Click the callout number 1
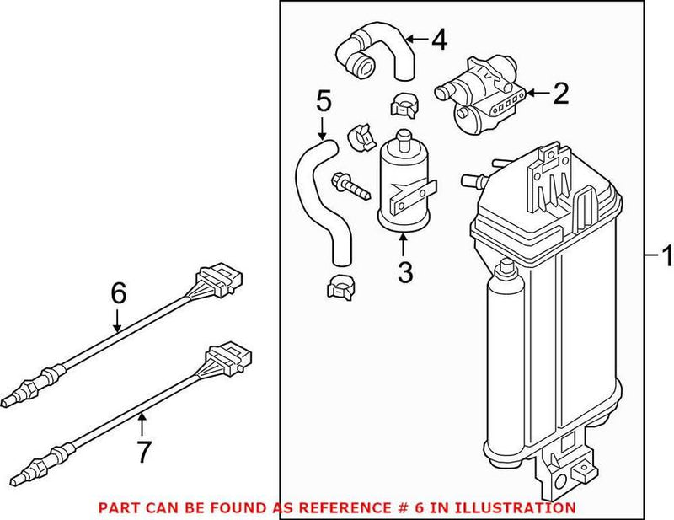pos(666,254)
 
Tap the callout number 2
pos(561,94)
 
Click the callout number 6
pos(118,292)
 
